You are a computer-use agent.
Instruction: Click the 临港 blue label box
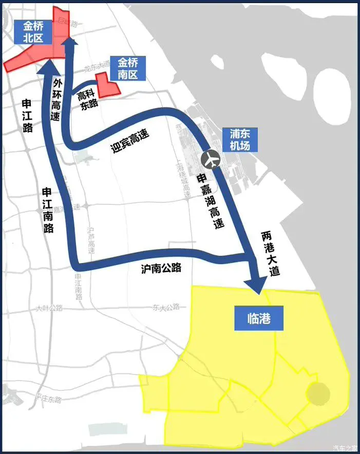click(x=259, y=319)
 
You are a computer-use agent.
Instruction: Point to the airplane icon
click(x=211, y=160)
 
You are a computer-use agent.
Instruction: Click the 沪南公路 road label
click(x=161, y=268)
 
